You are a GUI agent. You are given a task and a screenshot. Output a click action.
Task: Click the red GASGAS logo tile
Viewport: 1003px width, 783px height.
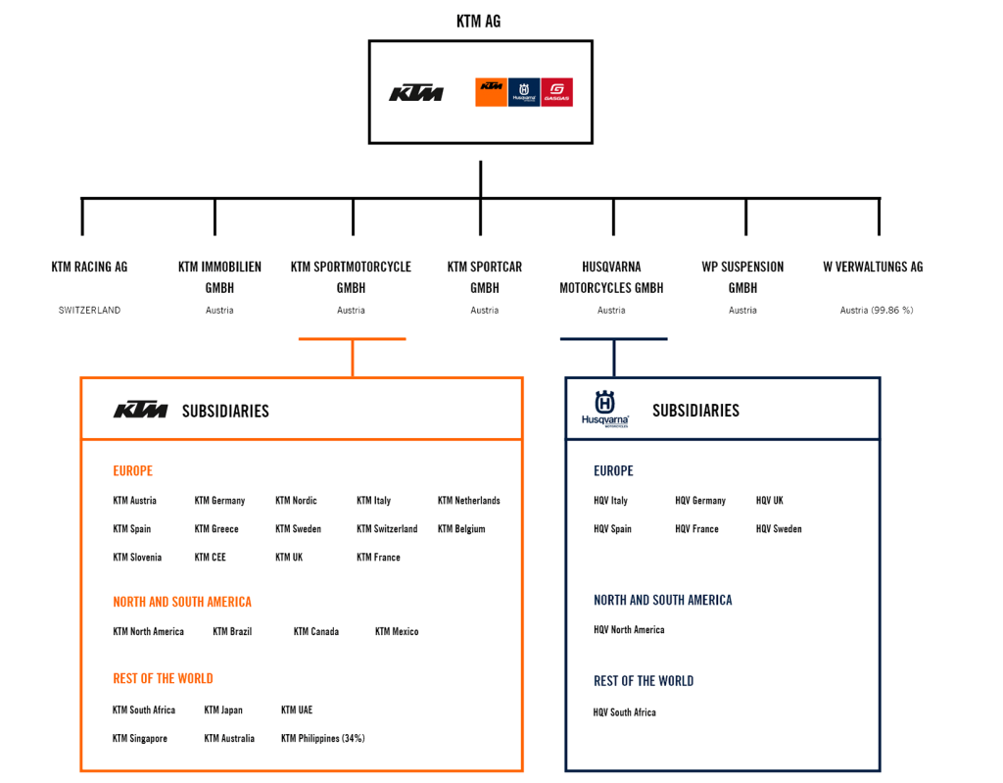[x=557, y=92]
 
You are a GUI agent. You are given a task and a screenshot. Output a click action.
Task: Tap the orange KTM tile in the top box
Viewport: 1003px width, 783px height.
[x=491, y=92]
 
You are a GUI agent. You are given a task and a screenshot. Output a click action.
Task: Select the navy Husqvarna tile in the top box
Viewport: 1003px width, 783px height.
[x=524, y=92]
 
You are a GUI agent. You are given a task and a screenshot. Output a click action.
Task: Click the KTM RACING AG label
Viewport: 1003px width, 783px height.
[x=90, y=267]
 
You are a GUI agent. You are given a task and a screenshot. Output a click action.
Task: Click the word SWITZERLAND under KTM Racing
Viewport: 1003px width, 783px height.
[x=89, y=311]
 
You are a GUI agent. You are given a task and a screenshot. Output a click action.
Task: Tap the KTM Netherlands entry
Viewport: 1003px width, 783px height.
[x=469, y=501]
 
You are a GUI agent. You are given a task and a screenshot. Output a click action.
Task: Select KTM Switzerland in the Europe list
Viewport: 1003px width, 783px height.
[x=387, y=529]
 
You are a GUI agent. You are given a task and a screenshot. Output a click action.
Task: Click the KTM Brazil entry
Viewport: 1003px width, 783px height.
[x=232, y=632]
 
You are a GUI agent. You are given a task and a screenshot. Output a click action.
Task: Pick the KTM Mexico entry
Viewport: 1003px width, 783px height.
[x=397, y=632]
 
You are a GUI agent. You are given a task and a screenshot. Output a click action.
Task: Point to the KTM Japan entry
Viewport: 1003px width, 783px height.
[x=223, y=710]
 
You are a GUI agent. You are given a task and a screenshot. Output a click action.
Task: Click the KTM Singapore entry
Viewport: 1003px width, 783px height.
[x=140, y=739]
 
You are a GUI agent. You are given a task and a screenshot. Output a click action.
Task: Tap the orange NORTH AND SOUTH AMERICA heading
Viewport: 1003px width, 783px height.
[x=182, y=602]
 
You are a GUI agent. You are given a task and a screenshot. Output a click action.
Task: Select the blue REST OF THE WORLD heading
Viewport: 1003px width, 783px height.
[x=644, y=681]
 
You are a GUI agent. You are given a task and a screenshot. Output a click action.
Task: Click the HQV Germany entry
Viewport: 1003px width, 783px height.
[x=700, y=501]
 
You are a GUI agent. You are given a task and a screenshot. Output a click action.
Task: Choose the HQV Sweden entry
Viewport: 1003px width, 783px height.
[x=779, y=529]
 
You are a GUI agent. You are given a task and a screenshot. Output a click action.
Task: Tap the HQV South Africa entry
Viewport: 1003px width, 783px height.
[x=625, y=712]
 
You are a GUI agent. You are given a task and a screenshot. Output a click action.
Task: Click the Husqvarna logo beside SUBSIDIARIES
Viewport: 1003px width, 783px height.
[x=604, y=408]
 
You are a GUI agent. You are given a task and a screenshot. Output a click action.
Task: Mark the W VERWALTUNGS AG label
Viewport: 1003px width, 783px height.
[x=875, y=267]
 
